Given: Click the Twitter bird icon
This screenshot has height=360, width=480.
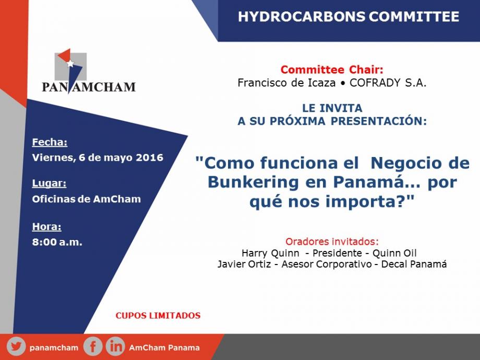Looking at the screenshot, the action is (x=16, y=347).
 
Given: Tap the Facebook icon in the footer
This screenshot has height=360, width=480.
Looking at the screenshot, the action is (x=92, y=347).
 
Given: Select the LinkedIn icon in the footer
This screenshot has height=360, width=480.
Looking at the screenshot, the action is (x=115, y=347).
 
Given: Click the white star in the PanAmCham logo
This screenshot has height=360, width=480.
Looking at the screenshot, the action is (x=70, y=63).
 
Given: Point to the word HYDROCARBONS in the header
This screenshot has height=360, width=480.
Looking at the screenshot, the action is (x=302, y=17).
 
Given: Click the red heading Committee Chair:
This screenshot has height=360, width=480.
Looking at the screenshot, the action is (x=332, y=70).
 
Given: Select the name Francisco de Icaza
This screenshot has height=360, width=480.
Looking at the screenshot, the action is (x=286, y=82).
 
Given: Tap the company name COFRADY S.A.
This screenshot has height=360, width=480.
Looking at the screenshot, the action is (x=388, y=82).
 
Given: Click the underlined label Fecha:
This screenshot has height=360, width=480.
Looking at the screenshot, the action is (x=50, y=142).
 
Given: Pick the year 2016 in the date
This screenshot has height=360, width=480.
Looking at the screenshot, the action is (x=150, y=158).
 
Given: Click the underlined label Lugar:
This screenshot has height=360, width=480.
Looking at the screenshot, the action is (x=49, y=183).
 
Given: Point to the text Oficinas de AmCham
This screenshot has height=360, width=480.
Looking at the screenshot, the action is (x=86, y=199).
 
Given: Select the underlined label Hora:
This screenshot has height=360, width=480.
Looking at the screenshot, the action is (x=47, y=227).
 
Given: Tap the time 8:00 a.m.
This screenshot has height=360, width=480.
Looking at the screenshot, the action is (x=57, y=242).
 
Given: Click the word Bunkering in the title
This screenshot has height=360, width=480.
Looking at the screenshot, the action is (x=253, y=183).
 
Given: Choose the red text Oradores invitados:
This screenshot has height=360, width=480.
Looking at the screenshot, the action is (x=332, y=242).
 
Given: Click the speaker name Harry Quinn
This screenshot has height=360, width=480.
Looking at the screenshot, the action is (x=270, y=253).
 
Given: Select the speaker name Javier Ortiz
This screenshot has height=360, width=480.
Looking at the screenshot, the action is (x=244, y=264).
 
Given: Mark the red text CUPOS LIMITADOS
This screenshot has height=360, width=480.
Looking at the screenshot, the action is (x=158, y=316).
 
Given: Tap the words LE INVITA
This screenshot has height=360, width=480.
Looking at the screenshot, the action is (x=332, y=108).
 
